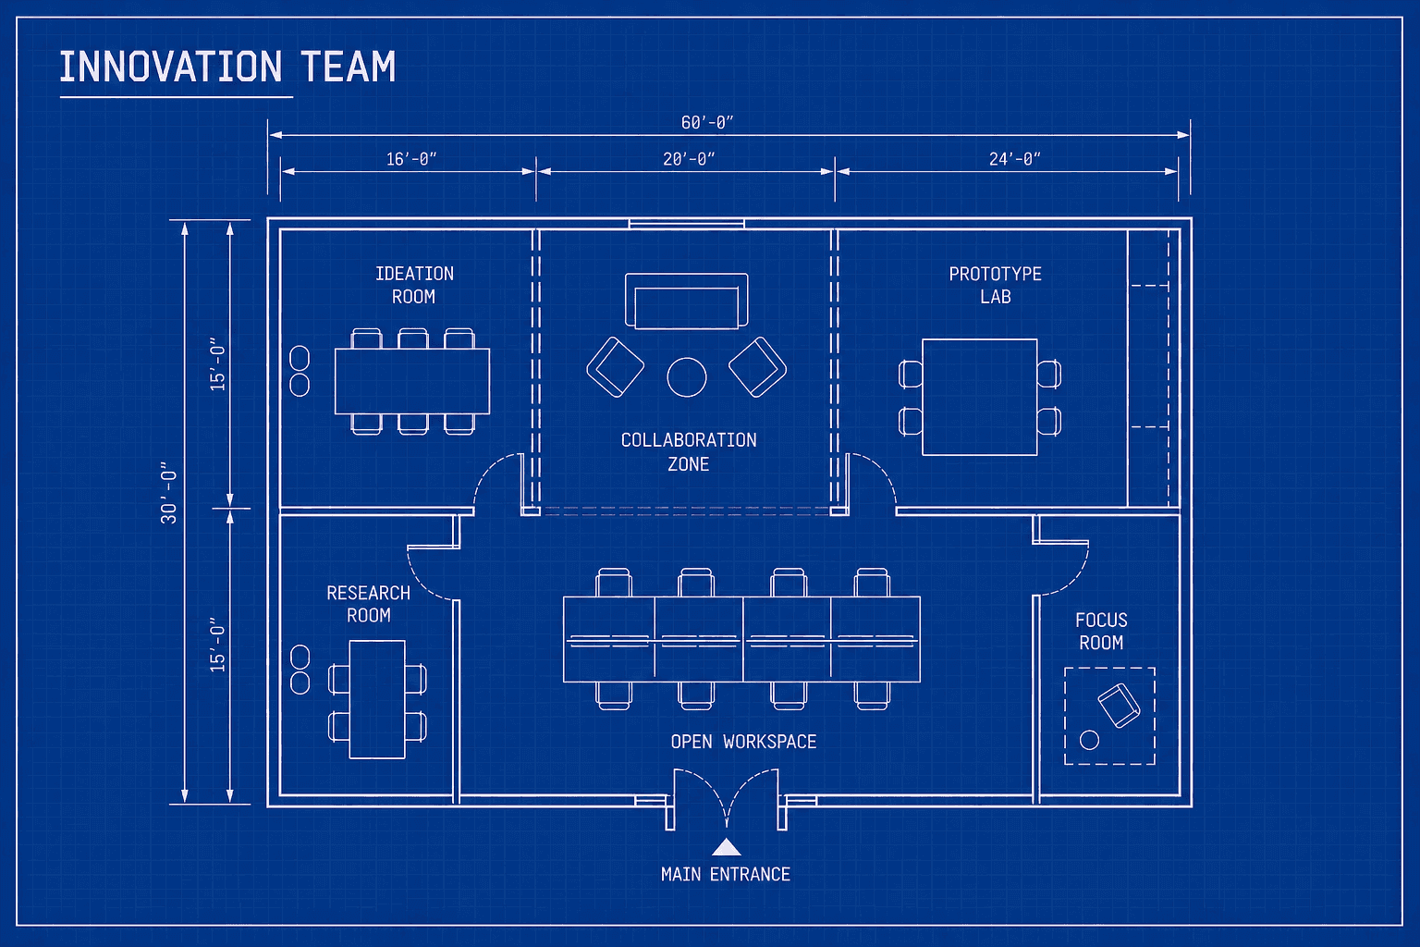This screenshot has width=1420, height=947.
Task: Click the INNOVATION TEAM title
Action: pyautogui.click(x=227, y=67)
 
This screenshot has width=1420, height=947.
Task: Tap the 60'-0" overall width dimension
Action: pyautogui.click(x=707, y=122)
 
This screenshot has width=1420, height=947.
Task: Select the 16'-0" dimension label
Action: pyautogui.click(x=411, y=159)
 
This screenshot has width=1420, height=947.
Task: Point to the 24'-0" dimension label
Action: pyautogui.click(x=1014, y=159)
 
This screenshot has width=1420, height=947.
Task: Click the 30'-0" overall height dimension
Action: pyautogui.click(x=168, y=493)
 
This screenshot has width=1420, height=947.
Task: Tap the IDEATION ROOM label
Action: pyautogui.click(x=414, y=285)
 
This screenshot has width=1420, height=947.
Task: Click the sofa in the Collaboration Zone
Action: pyautogui.click(x=686, y=301)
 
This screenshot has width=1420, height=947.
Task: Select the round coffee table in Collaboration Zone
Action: pyautogui.click(x=687, y=377)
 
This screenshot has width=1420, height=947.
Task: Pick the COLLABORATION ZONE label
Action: pyautogui.click(x=689, y=451)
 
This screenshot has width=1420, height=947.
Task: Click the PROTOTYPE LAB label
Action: pyautogui.click(x=995, y=285)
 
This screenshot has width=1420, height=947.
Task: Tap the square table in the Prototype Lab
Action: pyautogui.click(x=979, y=397)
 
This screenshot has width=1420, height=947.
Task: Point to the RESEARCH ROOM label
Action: pyautogui.click(x=368, y=604)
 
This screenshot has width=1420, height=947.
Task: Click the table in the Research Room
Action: pyautogui.click(x=377, y=699)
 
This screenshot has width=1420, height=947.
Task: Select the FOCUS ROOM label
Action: pyautogui.click(x=1101, y=631)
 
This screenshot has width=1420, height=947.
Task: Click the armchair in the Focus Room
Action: pyautogui.click(x=1119, y=706)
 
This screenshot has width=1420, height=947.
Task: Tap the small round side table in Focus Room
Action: pyautogui.click(x=1090, y=740)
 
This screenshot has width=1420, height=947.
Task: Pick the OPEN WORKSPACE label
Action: pyautogui.click(x=743, y=742)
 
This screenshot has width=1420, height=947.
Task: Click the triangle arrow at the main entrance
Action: pyautogui.click(x=727, y=847)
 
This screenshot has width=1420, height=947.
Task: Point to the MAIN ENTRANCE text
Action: pyautogui.click(x=726, y=874)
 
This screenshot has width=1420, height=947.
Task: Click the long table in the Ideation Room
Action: pyautogui.click(x=411, y=381)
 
